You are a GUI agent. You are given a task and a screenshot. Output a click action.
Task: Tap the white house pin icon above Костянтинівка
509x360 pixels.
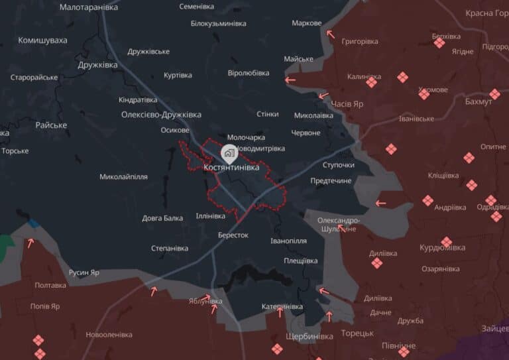(229, 154)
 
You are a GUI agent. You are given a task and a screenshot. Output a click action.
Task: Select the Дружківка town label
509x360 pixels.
(97, 65)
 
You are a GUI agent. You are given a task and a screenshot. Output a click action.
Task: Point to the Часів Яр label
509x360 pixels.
(347, 105)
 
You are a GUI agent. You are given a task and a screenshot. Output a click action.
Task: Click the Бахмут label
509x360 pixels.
(479, 101)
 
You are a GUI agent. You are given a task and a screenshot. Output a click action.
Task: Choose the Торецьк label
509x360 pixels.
(358, 333)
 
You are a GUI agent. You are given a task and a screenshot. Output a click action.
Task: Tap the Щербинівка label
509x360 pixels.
(309, 336)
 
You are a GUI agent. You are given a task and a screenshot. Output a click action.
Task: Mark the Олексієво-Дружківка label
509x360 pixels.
(161, 115)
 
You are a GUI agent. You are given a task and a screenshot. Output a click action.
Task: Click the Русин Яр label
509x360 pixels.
(84, 272)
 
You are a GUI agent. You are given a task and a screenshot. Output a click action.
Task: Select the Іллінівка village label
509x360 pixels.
(210, 215)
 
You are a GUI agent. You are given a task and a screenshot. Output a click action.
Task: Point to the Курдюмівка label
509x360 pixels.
(442, 248)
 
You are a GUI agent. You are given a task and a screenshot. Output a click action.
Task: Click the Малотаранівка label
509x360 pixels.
(89, 7)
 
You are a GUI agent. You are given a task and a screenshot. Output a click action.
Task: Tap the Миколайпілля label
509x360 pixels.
(123, 177)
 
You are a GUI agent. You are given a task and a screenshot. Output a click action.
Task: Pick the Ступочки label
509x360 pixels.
(339, 164)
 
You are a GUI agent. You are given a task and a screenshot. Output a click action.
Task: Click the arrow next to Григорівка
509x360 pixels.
(330, 33)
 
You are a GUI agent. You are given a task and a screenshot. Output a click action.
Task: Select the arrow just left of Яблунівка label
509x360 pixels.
(207, 297)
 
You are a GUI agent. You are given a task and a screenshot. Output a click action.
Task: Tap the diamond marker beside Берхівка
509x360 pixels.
(439, 43)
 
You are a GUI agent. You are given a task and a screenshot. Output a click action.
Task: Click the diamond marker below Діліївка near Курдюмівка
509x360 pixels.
(377, 263)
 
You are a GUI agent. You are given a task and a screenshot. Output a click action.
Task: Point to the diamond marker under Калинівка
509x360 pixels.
(371, 83)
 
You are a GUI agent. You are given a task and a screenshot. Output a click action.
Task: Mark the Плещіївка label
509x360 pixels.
(300, 261)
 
